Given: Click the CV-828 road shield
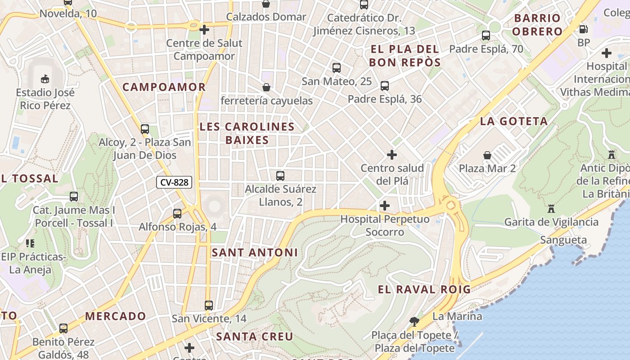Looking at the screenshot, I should [x=174, y=182].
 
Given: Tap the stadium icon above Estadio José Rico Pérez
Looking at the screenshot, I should [x=45, y=79].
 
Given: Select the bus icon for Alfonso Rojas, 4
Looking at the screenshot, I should [x=177, y=213].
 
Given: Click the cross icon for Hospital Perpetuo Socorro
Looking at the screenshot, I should [x=384, y=206].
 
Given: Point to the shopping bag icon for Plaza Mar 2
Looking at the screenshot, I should [x=487, y=155].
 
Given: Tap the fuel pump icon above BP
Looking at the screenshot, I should [x=583, y=29].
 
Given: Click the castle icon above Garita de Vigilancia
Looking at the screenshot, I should [x=551, y=208].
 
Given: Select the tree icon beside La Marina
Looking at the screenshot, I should [x=414, y=321].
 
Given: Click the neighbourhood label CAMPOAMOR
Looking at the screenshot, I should [x=164, y=87].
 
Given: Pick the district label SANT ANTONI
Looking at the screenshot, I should [x=255, y=252].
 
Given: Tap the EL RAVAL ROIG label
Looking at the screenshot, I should [x=424, y=289].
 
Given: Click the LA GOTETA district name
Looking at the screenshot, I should [x=514, y=121].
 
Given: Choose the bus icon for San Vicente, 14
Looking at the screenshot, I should [x=209, y=305].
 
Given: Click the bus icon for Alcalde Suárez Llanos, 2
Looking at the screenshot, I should [x=280, y=175].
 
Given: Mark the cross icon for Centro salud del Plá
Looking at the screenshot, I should [x=392, y=155].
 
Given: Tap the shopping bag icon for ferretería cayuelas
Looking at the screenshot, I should [x=266, y=87].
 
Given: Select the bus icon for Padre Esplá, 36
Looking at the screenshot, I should [x=384, y=85].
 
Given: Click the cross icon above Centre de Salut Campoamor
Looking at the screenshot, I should [x=204, y=30].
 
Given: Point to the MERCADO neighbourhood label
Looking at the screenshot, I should [x=116, y=316].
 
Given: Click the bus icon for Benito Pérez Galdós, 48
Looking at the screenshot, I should [x=63, y=328].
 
